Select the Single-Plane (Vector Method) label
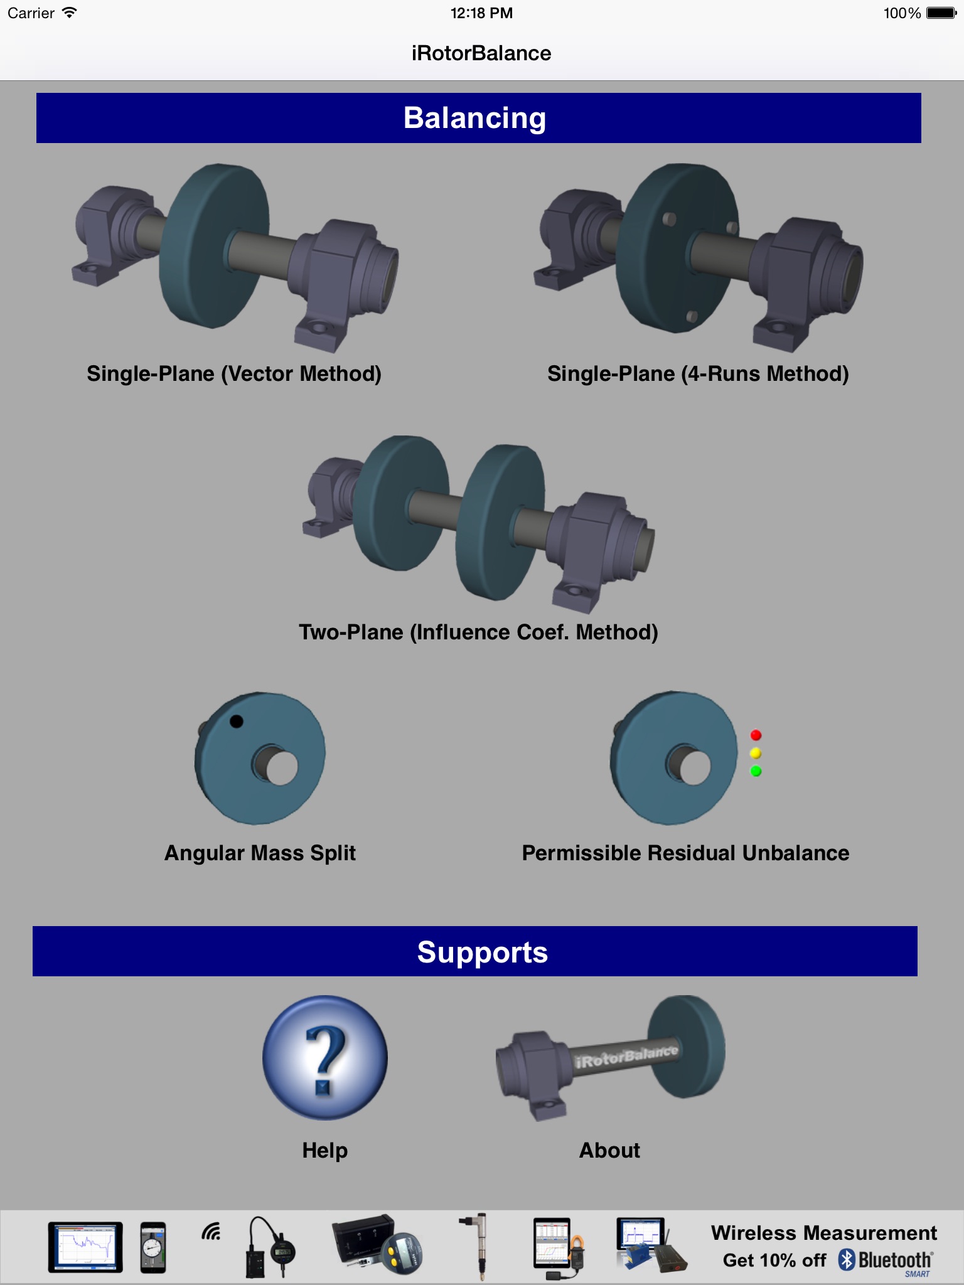pyautogui.click(x=234, y=374)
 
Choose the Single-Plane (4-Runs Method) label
pyautogui.click(x=698, y=374)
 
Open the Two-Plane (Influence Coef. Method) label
pyautogui.click(x=478, y=632)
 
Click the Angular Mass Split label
pyautogui.click(x=260, y=853)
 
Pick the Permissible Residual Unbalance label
pyautogui.click(x=685, y=853)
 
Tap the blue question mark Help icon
pyautogui.click(x=324, y=1058)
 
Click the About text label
pyautogui.click(x=609, y=1150)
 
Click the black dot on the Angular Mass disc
pyautogui.click(x=236, y=722)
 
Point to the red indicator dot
pyautogui.click(x=756, y=735)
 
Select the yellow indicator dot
pyautogui.click(x=756, y=753)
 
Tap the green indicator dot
pyautogui.click(x=756, y=771)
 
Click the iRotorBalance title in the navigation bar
pyautogui.click(x=481, y=53)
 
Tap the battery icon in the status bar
pyautogui.click(x=941, y=13)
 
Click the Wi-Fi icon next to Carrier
pyautogui.click(x=70, y=13)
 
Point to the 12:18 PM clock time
pyautogui.click(x=481, y=13)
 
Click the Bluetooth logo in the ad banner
pyautogui.click(x=886, y=1260)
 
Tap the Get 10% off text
pyautogui.click(x=774, y=1260)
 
